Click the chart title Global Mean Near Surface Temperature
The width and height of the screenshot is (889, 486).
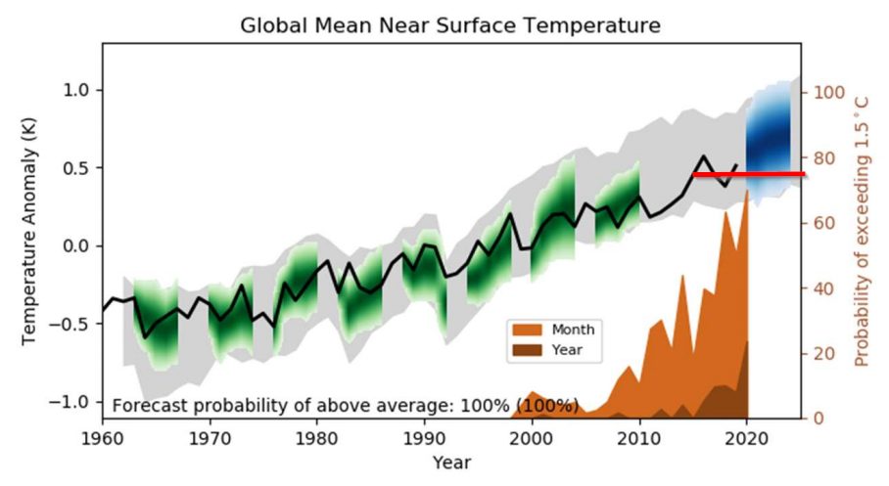pos(450,25)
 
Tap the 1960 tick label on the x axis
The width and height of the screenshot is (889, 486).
pos(102,436)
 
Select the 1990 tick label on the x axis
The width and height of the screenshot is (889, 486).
pos(424,436)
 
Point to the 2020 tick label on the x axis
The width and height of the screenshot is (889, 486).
pos(747,436)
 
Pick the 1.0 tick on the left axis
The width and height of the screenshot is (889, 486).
pos(77,90)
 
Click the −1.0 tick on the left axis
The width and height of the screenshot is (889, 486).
pos(74,402)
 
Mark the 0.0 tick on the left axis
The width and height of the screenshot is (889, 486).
pos(77,245)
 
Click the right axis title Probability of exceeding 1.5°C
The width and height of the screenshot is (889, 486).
pos(862,231)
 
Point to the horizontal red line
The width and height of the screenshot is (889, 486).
pos(749,174)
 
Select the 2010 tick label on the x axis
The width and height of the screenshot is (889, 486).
pos(639,436)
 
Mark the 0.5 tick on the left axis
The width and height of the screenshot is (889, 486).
pos(77,168)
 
